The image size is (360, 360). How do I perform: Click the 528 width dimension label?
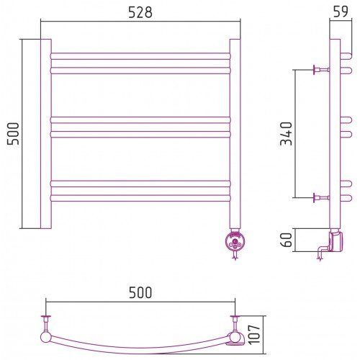140,12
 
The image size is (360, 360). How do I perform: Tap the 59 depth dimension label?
341,12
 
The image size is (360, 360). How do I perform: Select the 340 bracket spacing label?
287,134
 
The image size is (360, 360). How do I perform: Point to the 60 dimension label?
287,240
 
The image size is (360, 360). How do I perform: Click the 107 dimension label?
254,335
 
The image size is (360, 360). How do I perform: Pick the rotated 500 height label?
13,134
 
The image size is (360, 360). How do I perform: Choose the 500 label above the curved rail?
140,292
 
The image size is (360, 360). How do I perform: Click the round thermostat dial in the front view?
235,242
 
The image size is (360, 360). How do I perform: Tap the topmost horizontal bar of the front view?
140,56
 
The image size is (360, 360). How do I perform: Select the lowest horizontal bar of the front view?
140,198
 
